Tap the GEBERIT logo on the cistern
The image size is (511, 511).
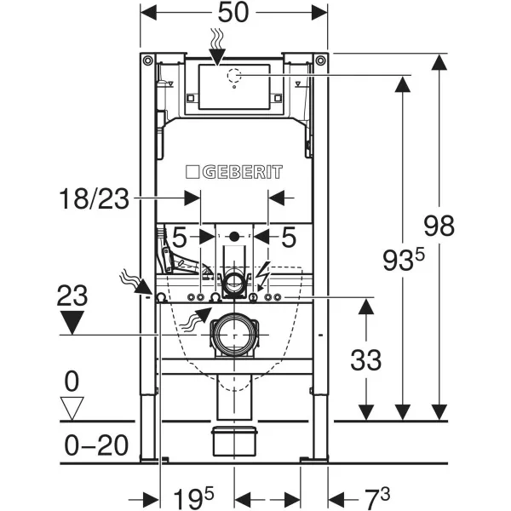[x=234, y=173]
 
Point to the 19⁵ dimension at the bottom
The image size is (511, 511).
[x=189, y=495]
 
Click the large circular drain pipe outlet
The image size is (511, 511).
[x=234, y=335]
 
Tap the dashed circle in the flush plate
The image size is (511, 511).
[x=234, y=78]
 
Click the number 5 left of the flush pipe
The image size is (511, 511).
[x=180, y=237]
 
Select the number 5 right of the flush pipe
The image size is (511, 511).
[x=289, y=237]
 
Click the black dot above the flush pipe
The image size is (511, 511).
[x=234, y=236]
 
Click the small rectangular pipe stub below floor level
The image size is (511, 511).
[x=234, y=440]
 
